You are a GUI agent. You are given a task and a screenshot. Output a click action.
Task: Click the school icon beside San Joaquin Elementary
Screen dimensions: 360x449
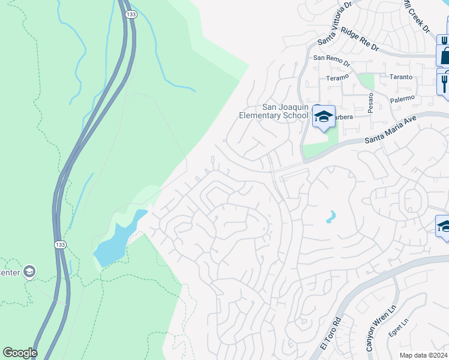324,116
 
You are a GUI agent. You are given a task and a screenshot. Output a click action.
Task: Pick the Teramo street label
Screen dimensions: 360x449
337,78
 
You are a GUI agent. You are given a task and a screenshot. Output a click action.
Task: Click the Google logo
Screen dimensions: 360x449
20,353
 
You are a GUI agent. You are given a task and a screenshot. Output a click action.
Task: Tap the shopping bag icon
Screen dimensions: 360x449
445,56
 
